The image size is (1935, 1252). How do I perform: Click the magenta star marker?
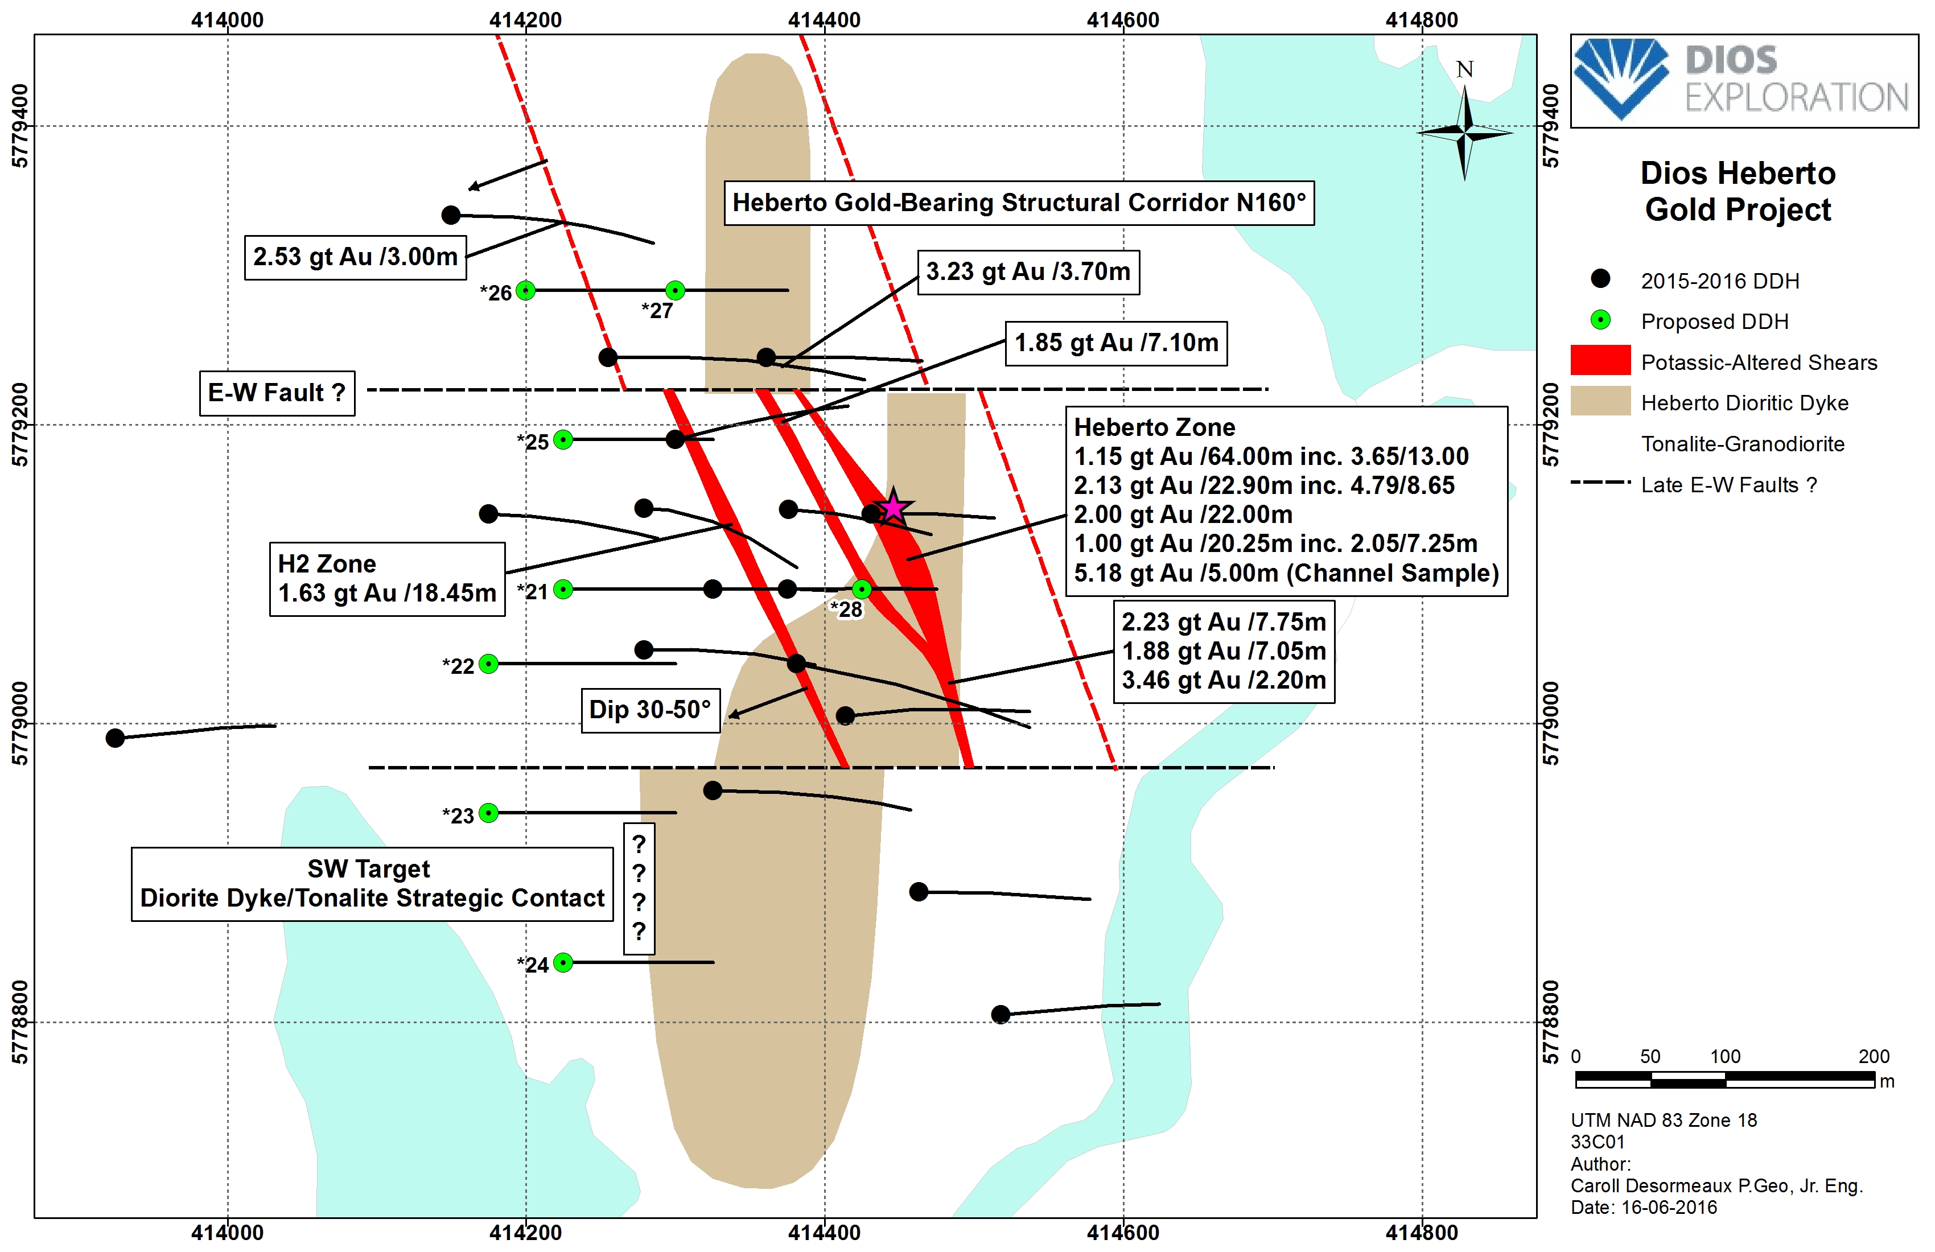(893, 506)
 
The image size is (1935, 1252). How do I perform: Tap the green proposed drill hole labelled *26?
(526, 290)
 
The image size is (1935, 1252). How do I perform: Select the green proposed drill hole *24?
(563, 962)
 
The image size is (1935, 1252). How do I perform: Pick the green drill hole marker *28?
(862, 588)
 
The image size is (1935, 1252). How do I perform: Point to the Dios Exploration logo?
(1743, 80)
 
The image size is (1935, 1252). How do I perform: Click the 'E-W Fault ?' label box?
(277, 393)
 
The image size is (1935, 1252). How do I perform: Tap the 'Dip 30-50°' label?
(651, 710)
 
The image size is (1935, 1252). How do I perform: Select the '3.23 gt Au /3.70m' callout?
(1028, 271)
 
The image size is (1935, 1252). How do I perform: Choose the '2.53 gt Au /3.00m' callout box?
(355, 257)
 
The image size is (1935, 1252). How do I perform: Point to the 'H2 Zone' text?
(327, 563)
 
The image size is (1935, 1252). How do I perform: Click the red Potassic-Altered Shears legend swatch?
(1599, 360)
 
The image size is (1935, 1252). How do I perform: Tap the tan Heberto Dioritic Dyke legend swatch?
(1599, 401)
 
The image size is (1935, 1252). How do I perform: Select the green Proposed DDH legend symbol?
(1600, 320)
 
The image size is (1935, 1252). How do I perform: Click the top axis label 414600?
(1123, 19)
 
